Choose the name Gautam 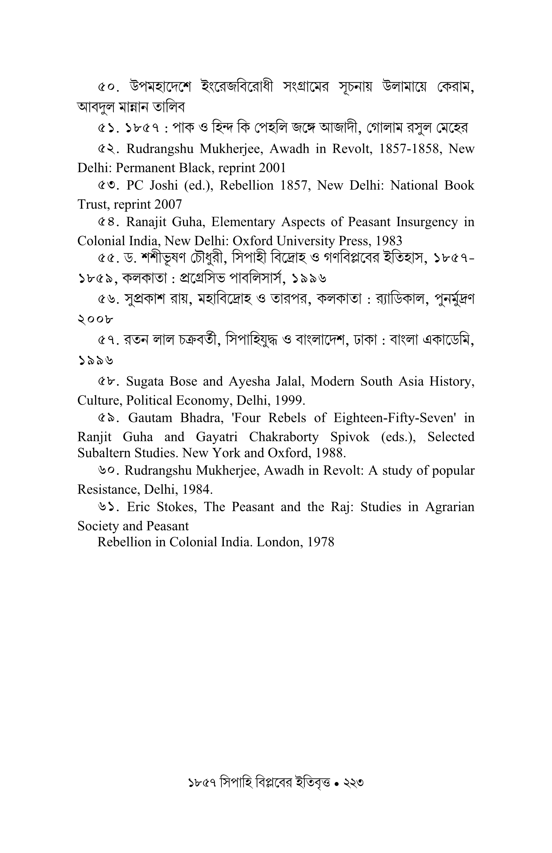click(x=151, y=418)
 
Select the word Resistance click(x=107, y=490)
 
